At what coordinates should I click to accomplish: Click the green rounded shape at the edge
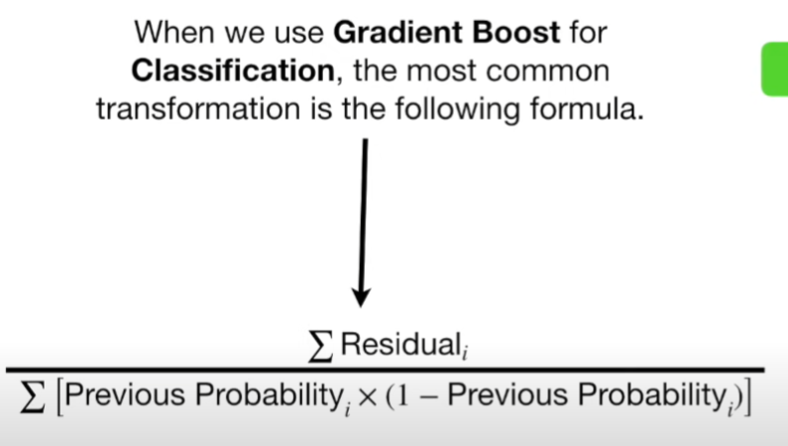click(x=775, y=69)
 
